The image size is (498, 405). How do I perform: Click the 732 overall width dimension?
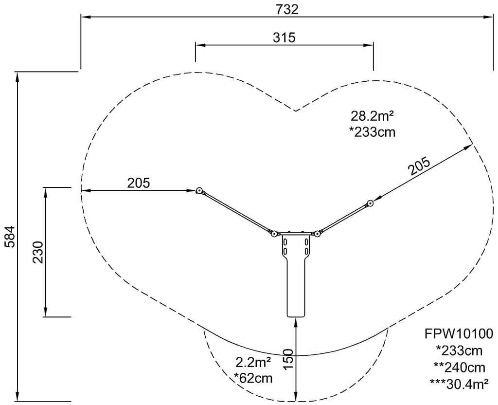[x=287, y=10]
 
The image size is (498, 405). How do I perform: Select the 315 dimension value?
[x=284, y=38]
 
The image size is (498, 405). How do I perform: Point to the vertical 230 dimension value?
[x=38, y=252]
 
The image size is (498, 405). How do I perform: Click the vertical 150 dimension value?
[x=288, y=359]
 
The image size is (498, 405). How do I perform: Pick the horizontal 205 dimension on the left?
[x=139, y=184]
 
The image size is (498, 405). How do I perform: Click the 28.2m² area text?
[x=372, y=116]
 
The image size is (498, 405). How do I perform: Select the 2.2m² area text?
[x=253, y=362]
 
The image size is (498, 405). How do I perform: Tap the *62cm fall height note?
[x=253, y=378]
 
